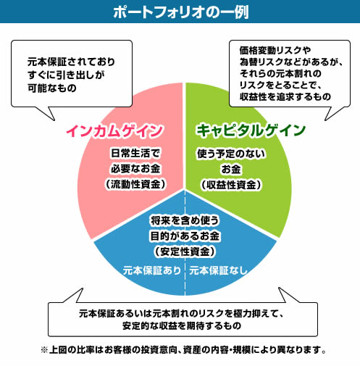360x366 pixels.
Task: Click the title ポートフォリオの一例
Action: [x=181, y=12]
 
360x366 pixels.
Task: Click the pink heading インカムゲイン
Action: [x=114, y=130]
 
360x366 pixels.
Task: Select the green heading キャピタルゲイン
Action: [x=251, y=130]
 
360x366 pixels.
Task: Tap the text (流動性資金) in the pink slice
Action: [x=135, y=184]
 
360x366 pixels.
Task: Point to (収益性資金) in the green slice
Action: [x=231, y=185]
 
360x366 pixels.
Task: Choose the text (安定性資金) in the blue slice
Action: [x=185, y=251]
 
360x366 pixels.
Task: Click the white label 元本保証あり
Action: [x=152, y=270]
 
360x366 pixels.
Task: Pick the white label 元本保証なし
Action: [x=219, y=270]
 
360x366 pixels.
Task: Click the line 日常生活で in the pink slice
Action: [x=135, y=153]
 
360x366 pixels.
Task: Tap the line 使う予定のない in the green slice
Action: [x=231, y=154]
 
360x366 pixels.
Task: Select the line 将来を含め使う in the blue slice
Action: [x=185, y=220]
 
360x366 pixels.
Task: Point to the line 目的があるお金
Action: [x=185, y=236]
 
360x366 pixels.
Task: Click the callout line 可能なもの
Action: [x=52, y=88]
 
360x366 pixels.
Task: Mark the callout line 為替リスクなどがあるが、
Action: [x=291, y=62]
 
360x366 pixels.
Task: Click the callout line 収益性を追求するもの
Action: [x=285, y=96]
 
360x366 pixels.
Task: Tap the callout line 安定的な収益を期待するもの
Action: [x=182, y=325]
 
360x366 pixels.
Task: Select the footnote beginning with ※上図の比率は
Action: [x=183, y=349]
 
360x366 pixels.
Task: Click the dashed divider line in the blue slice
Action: [x=185, y=242]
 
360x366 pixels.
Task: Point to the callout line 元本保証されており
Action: [x=71, y=62]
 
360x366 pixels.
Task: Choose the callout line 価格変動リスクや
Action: [x=275, y=50]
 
